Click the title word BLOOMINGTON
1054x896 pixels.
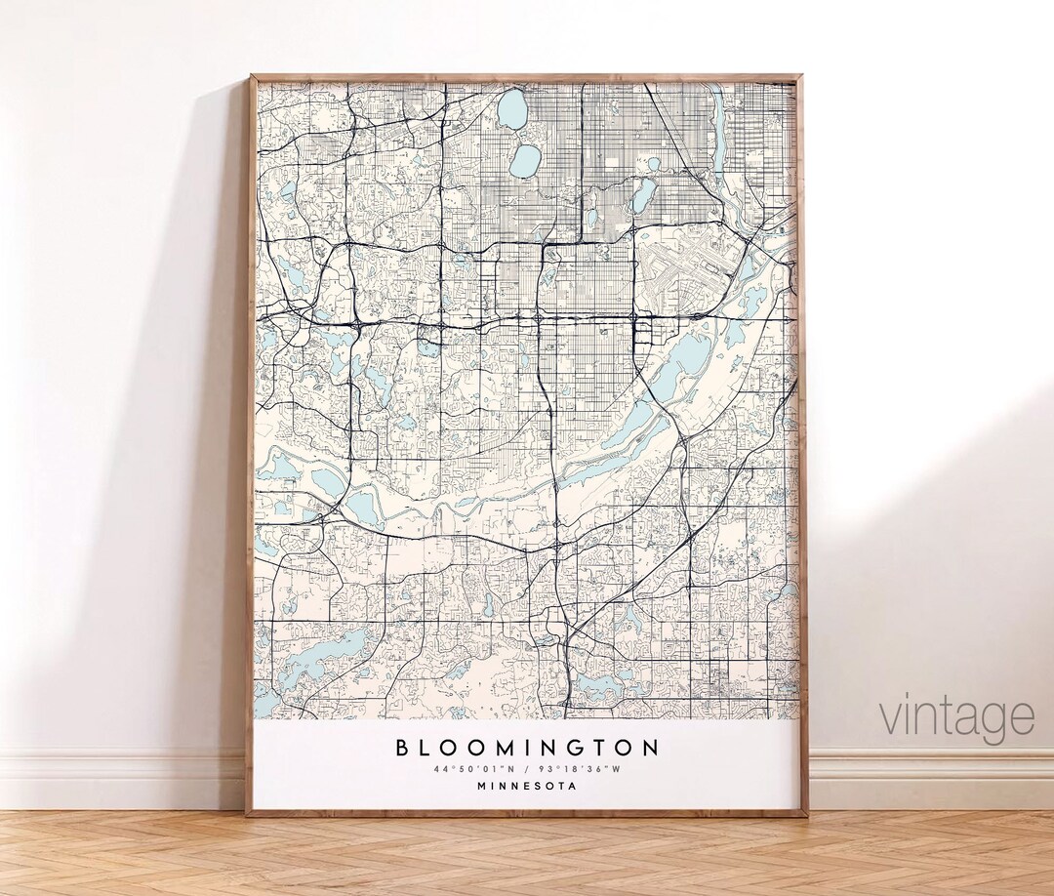tap(527, 749)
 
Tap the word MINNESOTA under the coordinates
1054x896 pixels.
tap(527, 786)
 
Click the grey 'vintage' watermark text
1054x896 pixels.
tap(956, 717)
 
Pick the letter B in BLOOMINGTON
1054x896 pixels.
tap(401, 749)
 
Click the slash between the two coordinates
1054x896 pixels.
tap(528, 769)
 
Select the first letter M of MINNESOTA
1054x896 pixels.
tap(482, 786)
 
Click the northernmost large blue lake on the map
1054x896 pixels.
tap(512, 109)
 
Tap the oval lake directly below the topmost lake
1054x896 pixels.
tap(525, 161)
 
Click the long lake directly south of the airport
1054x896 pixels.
tap(689, 357)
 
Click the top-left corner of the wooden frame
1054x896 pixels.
tap(251, 78)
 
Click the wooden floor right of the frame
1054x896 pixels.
tap(927, 849)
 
